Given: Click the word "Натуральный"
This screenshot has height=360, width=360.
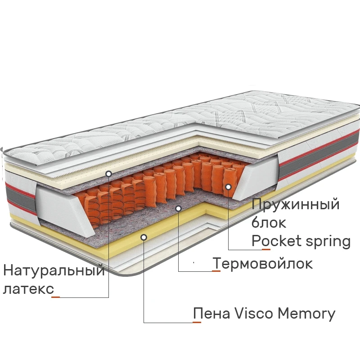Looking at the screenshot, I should tap(54, 271).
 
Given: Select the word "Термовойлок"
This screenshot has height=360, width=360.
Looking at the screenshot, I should tap(262, 263).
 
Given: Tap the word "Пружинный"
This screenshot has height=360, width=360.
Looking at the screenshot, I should tap(295, 205).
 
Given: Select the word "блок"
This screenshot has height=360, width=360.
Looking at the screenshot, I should tap(269, 223).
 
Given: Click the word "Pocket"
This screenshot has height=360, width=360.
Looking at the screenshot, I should tap(276, 241).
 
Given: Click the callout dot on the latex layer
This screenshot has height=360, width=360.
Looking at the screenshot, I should tap(109, 173).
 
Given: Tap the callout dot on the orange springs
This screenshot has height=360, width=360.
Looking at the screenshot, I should tap(228, 186).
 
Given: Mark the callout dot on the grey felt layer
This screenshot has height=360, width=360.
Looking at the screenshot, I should tap(179, 208).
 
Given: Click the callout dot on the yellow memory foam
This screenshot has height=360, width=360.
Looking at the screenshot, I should tap(144, 236).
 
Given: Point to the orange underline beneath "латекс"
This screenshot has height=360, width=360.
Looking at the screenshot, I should tap(56, 297).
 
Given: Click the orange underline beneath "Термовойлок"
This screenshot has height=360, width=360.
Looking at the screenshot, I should tap(216, 271).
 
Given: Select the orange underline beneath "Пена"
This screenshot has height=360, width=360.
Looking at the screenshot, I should tap(197, 322).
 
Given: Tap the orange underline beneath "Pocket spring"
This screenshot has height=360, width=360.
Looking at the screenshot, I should tap(266, 249).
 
